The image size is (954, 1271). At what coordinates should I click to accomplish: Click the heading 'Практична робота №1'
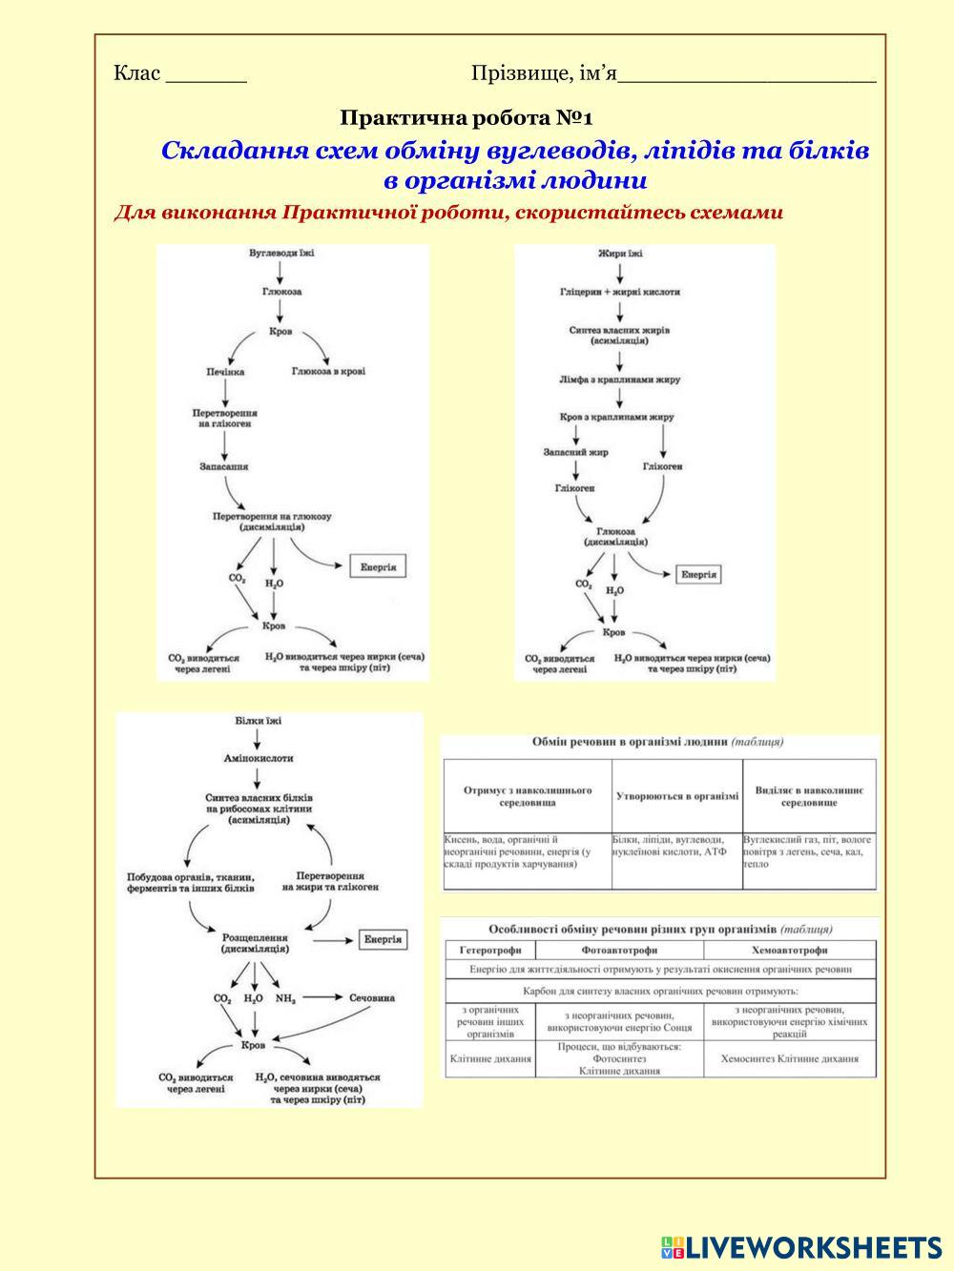click(467, 118)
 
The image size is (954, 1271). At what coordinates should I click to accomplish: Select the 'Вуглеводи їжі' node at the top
click(280, 254)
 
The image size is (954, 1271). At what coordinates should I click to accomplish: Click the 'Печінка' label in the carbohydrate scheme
click(224, 372)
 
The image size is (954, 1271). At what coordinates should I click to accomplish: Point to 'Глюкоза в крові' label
click(328, 372)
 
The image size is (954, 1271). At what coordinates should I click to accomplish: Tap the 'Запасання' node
click(224, 467)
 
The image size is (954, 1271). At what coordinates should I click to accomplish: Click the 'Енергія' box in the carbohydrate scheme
click(378, 567)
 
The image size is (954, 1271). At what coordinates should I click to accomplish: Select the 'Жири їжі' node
click(620, 254)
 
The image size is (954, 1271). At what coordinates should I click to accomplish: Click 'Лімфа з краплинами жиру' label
click(620, 379)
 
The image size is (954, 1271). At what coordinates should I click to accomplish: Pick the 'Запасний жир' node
click(575, 452)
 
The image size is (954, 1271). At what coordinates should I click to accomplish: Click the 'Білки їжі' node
click(258, 721)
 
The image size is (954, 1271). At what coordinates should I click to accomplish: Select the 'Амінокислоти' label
click(258, 759)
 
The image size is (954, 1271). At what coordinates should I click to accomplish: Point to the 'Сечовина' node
click(372, 998)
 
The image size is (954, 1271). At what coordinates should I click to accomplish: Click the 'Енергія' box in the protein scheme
click(384, 939)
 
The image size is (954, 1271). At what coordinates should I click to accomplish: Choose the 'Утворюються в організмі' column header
click(677, 796)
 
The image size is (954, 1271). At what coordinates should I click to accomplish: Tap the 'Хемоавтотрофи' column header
click(789, 951)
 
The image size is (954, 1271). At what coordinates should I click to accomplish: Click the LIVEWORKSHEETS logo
click(800, 1246)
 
